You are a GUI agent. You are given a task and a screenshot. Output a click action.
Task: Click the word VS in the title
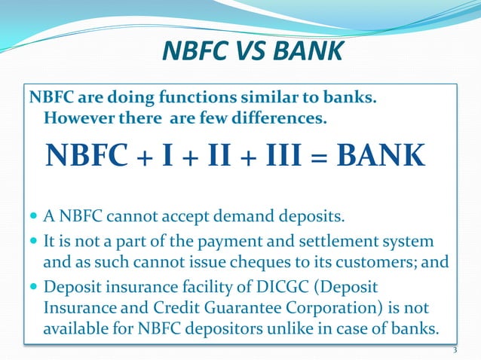click(246, 52)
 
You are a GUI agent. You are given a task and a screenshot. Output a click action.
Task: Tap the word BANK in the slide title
click(305, 52)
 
